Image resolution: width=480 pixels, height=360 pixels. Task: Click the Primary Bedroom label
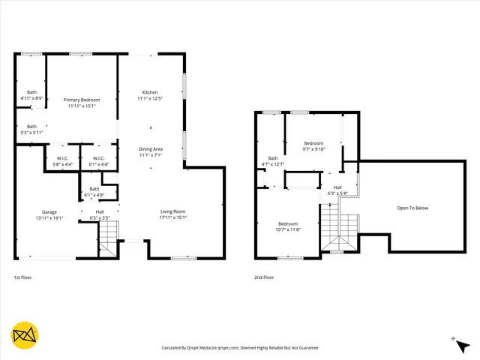82,100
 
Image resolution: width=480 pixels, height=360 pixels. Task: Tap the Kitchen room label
150,92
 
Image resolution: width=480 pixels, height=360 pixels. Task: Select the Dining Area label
150,149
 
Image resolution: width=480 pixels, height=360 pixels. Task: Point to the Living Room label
173,211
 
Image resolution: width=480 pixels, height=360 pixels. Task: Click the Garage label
49,211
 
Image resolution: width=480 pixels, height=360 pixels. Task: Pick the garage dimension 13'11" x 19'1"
49,218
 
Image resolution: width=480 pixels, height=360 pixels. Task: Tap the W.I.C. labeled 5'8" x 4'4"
63,161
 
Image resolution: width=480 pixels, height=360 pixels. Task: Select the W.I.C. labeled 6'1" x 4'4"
99,161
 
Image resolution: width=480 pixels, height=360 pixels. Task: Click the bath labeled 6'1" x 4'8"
94,191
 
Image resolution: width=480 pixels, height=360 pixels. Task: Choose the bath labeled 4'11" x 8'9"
31,95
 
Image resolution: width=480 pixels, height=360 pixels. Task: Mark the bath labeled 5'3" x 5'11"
31,129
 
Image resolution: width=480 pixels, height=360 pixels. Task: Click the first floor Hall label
100,211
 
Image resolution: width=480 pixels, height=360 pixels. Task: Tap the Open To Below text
412,208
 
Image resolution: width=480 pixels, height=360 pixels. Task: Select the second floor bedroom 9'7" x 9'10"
313,146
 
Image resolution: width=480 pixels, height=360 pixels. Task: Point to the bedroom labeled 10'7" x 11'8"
289,226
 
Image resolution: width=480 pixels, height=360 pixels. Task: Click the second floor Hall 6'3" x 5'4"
337,190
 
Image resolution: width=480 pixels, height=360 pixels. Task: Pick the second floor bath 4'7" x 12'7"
273,161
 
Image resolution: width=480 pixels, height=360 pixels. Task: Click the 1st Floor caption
23,277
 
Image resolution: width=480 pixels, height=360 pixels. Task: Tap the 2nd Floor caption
263,277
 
